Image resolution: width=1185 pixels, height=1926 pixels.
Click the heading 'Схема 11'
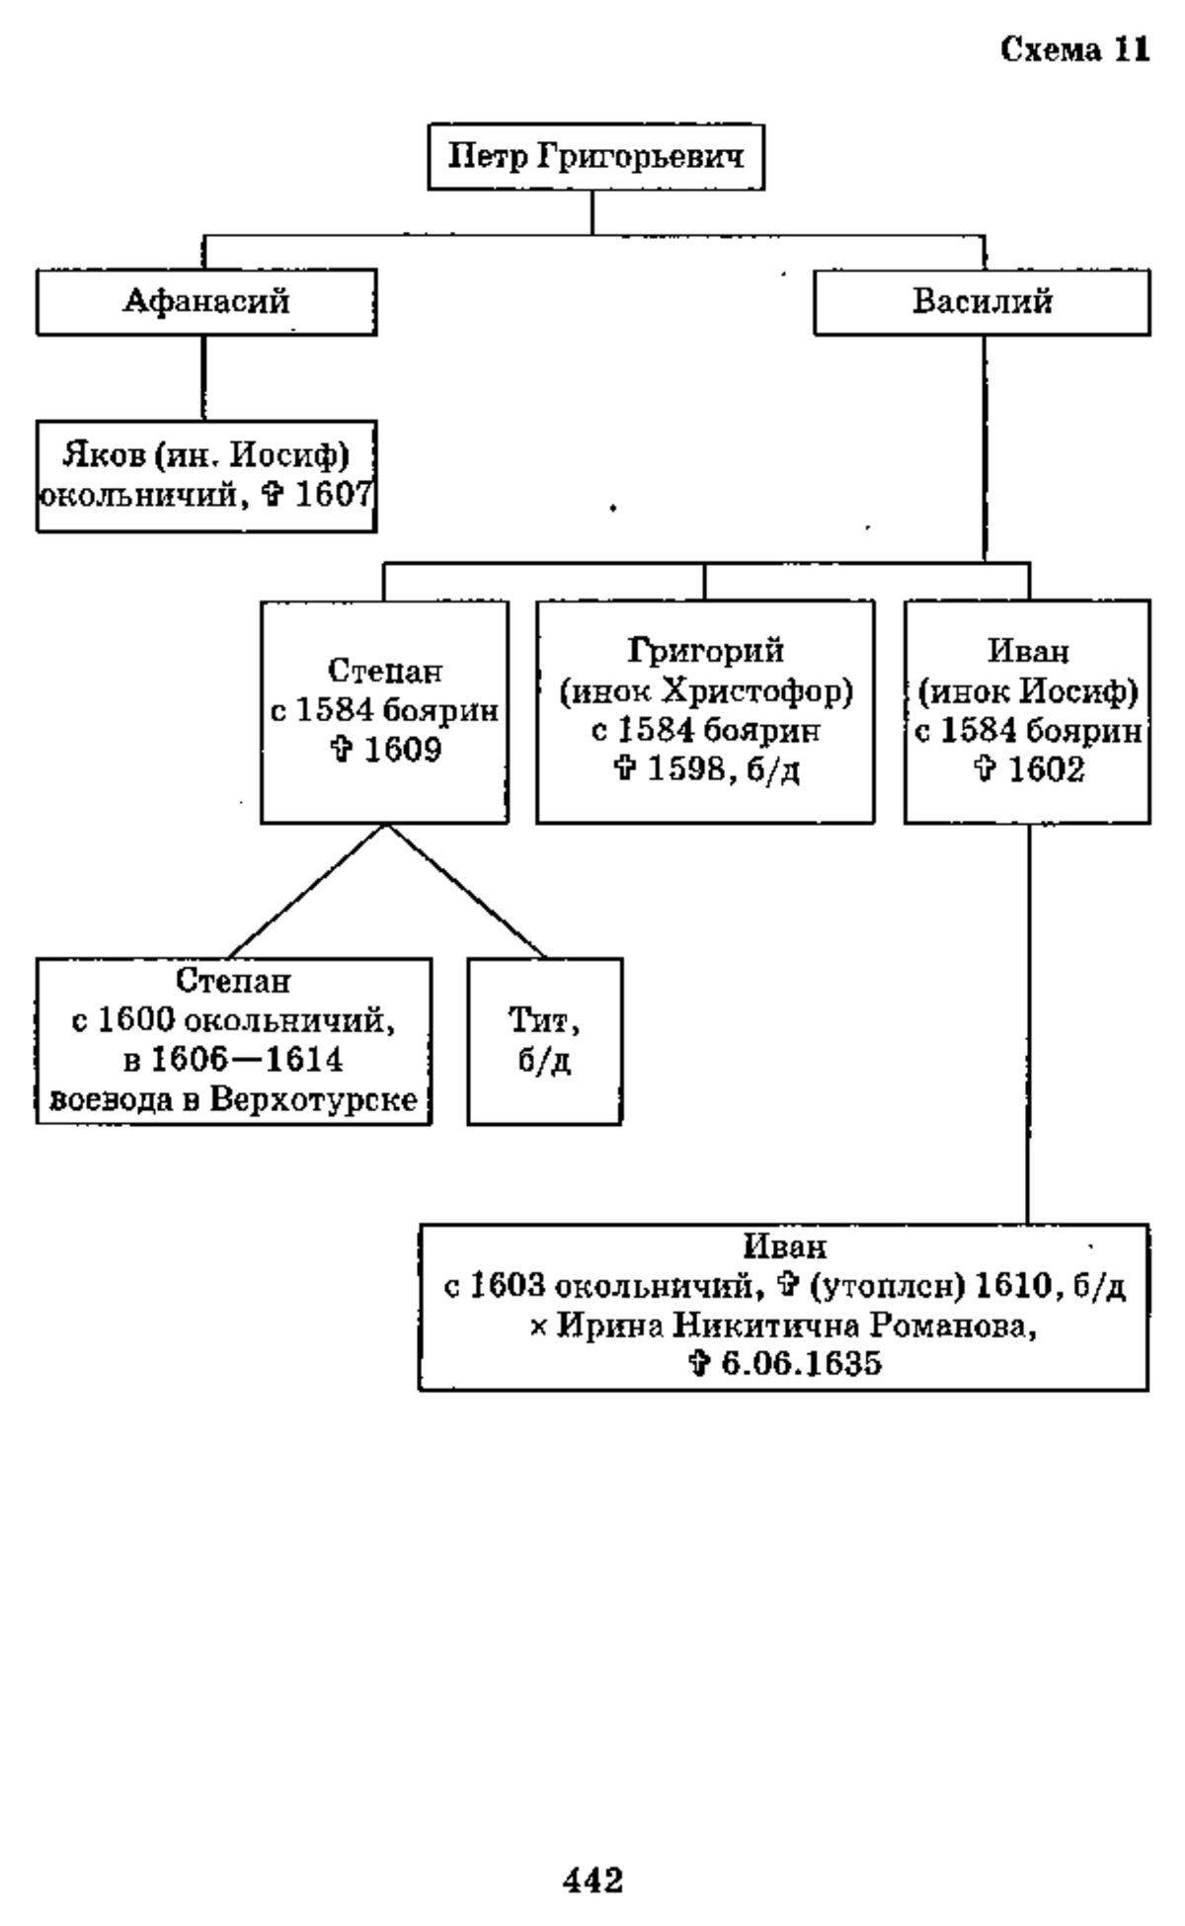point(1075,48)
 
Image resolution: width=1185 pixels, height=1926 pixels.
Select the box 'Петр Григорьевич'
point(595,156)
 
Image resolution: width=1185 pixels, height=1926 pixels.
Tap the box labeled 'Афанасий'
point(206,301)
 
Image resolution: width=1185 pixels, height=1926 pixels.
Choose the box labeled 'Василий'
point(982,301)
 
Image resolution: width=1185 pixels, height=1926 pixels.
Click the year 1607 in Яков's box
point(333,493)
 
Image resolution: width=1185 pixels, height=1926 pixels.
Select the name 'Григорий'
point(706,651)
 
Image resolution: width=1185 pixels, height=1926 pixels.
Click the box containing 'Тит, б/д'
point(545,1041)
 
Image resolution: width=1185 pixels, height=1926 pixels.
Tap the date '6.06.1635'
point(801,1364)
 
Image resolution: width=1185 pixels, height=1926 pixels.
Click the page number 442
point(593,1850)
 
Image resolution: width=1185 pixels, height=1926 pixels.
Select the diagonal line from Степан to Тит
point(465,891)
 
